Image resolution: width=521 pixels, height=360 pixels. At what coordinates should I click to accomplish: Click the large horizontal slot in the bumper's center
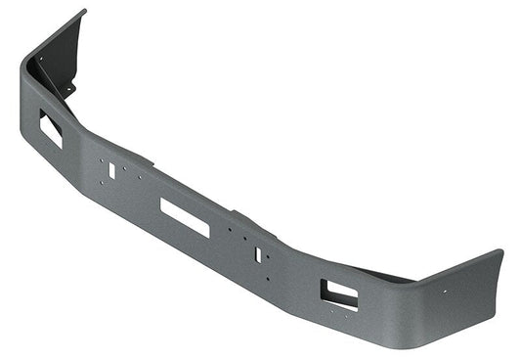[x=186, y=216]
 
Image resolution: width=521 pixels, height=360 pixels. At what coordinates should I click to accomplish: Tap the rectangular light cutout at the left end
[x=51, y=128]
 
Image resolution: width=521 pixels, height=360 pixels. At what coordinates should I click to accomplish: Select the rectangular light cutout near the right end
[x=339, y=292]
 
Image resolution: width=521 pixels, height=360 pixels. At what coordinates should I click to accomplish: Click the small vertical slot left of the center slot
[x=111, y=170]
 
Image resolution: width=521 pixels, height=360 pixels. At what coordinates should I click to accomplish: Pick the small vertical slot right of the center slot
[x=258, y=254]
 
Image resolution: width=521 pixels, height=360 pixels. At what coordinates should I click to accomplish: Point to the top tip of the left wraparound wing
[x=82, y=12]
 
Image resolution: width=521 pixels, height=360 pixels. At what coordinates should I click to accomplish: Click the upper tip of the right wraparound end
[x=499, y=252]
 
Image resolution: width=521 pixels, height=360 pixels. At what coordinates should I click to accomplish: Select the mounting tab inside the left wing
[x=68, y=90]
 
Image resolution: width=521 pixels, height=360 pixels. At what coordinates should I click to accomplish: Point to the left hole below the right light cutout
[x=329, y=307]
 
